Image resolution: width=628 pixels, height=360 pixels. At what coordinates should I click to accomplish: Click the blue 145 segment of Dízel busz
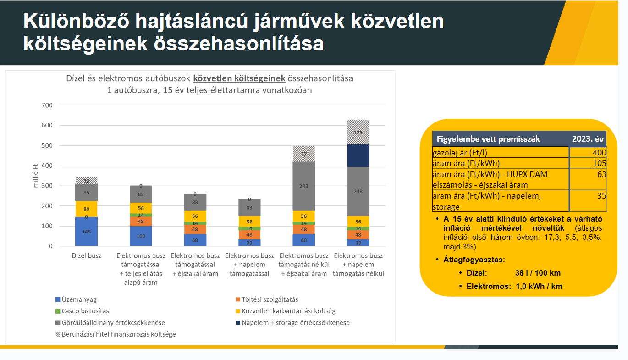click(x=86, y=232)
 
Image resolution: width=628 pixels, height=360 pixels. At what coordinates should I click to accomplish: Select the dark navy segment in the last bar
click(x=358, y=155)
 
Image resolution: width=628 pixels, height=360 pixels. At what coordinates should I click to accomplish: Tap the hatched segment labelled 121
click(x=358, y=132)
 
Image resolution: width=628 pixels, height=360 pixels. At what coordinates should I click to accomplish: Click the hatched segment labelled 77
click(x=303, y=154)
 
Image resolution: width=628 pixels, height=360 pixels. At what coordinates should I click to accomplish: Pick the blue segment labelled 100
click(x=141, y=236)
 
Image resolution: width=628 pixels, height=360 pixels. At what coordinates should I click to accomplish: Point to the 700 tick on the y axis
click(x=48, y=105)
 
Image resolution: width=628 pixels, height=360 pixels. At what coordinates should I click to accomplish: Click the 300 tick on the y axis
click(x=48, y=186)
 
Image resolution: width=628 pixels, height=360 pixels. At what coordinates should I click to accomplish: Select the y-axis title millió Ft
click(x=36, y=176)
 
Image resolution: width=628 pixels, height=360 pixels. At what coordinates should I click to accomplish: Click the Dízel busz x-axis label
click(x=87, y=255)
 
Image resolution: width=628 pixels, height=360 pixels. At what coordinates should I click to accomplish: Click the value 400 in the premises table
click(x=599, y=153)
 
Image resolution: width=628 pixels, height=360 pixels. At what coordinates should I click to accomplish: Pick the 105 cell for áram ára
click(x=599, y=163)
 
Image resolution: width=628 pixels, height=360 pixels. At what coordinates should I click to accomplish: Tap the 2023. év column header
click(x=588, y=139)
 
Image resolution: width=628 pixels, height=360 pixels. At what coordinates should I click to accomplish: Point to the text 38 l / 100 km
click(x=538, y=273)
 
